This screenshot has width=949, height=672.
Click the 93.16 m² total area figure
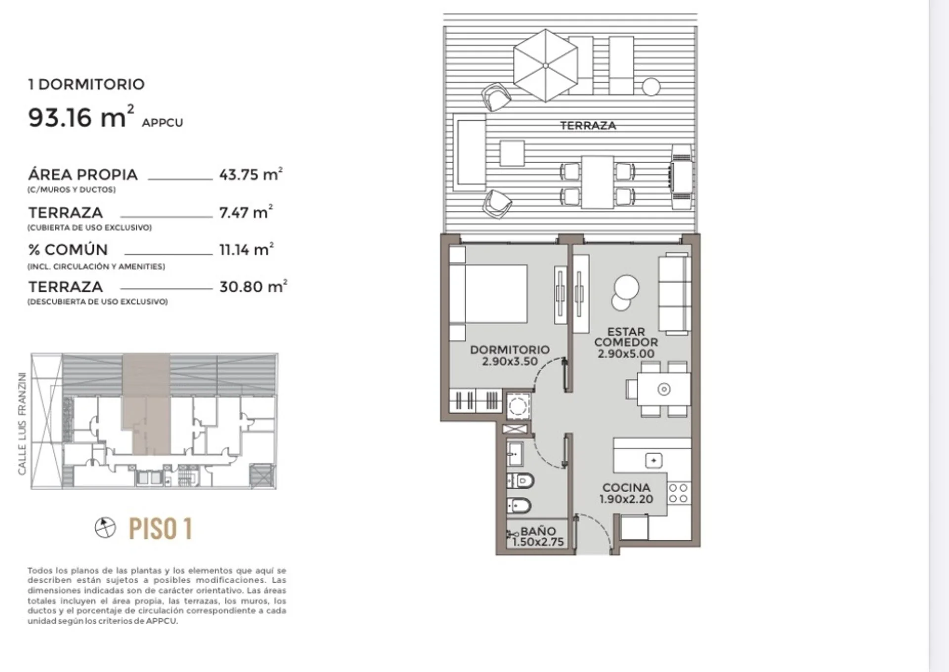[81, 117]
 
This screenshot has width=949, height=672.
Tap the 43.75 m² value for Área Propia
[251, 174]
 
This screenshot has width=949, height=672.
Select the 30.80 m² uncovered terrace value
[253, 287]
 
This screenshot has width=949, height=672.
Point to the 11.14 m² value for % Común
[246, 250]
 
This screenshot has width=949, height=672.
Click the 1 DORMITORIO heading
[86, 84]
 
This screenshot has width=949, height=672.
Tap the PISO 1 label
[160, 528]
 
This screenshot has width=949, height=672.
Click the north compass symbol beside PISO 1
[105, 527]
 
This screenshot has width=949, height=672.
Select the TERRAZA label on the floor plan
[588, 126]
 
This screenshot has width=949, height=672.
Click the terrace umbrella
[545, 65]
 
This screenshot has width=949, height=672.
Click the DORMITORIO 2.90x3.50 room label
[510, 355]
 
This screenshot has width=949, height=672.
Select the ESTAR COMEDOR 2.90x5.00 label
[626, 342]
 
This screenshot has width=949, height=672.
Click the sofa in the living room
[674, 294]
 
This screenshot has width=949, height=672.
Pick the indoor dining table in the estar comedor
[664, 389]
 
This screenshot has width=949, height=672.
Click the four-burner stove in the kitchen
[678, 493]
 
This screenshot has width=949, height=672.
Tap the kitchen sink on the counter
[653, 461]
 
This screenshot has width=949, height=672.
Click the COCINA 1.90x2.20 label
[626, 493]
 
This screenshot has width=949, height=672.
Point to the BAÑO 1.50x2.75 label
[538, 537]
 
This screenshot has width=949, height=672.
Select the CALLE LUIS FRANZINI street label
[22, 423]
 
